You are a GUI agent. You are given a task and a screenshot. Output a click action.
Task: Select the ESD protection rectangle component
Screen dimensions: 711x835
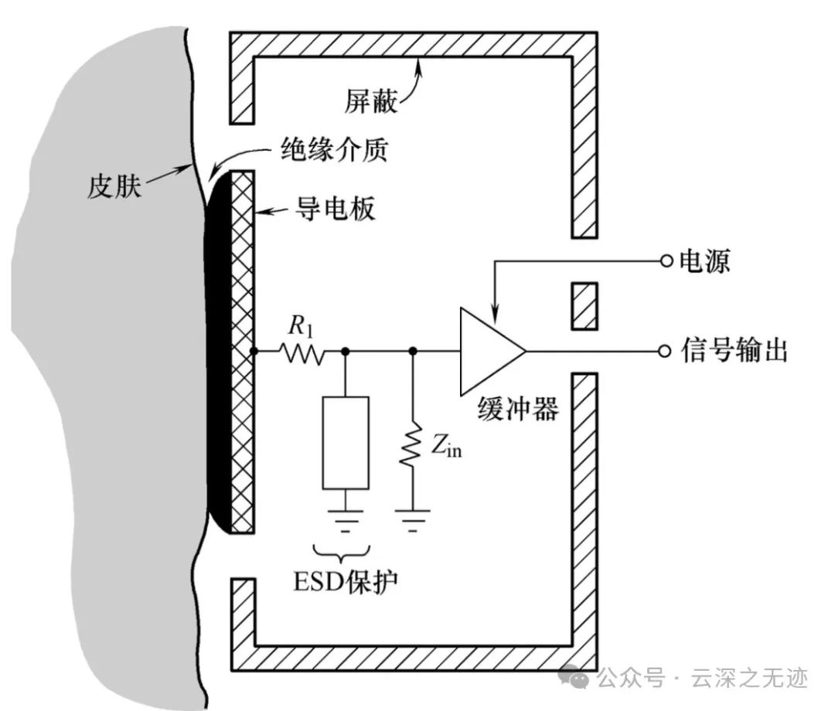tap(346, 442)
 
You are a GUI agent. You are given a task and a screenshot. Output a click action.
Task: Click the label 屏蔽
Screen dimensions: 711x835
tap(371, 101)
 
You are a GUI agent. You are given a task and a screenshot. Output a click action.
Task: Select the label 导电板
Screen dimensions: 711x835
tap(334, 208)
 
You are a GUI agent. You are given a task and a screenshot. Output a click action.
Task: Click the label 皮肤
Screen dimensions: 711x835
tap(114, 186)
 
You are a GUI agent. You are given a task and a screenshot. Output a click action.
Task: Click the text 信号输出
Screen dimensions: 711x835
tap(734, 351)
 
